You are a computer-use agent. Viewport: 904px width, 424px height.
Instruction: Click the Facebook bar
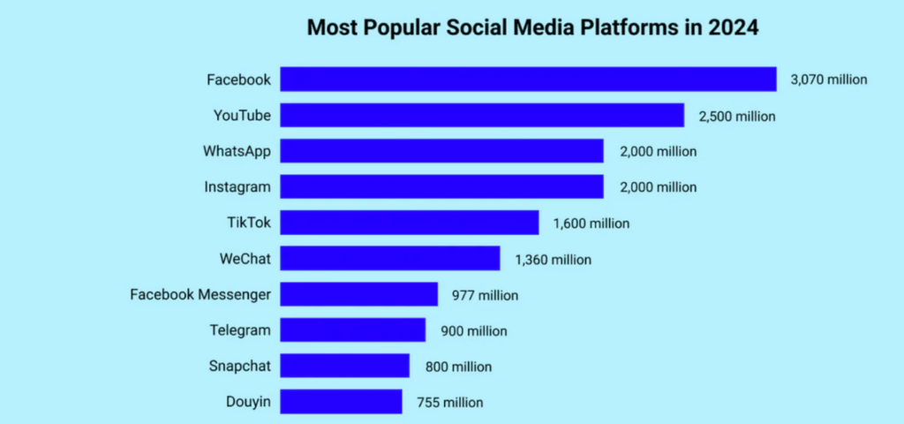[x=528, y=79]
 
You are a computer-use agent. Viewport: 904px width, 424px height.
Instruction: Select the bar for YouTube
[x=482, y=115]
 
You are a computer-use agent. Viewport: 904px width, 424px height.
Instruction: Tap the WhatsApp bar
[x=441, y=151]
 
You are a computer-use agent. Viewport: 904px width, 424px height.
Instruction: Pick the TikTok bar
[x=409, y=223]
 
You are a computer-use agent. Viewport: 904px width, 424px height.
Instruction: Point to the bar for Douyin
[x=341, y=402]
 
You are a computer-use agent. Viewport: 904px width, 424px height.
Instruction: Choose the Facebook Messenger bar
[x=358, y=294]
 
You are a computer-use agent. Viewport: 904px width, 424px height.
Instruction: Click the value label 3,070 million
[x=830, y=79]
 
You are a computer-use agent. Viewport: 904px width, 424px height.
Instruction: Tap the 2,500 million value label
[x=737, y=116]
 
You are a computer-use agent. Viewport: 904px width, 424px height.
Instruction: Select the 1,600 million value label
[x=591, y=223]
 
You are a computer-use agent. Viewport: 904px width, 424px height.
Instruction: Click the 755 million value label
[x=450, y=403]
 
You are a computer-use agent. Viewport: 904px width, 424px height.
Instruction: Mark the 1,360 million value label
[x=553, y=260]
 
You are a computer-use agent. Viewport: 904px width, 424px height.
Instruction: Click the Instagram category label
[x=238, y=187]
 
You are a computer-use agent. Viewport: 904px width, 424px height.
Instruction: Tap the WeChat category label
[x=245, y=259]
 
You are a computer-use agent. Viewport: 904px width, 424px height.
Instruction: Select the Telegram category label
[x=240, y=330]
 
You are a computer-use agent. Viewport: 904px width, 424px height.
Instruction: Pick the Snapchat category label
[x=240, y=367]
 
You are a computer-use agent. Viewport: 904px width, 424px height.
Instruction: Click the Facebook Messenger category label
[x=200, y=294]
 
